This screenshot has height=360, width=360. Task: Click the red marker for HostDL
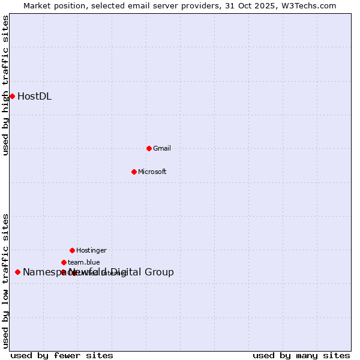coord(12,96)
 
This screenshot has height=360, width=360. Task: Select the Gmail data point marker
coord(149,148)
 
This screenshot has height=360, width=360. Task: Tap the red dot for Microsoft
coord(134,172)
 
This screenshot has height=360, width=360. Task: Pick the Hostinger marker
coord(72,250)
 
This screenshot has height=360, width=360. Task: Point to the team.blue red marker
coord(64,262)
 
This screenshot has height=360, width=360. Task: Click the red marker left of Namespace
coord(17,272)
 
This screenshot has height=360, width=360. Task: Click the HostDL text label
coord(34,96)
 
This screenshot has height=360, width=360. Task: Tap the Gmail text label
coord(162,148)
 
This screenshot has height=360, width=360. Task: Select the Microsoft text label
coord(152,172)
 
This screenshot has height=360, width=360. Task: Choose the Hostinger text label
coord(91,250)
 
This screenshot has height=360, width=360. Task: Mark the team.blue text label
coord(84,262)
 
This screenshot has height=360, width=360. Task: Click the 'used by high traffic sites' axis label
coord(5,85)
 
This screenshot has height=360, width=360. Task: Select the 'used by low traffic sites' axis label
coord(5,280)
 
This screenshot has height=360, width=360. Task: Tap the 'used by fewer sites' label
coord(61,355)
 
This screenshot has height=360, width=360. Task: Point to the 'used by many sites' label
coord(301,355)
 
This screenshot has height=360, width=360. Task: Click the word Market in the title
coord(38,5)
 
